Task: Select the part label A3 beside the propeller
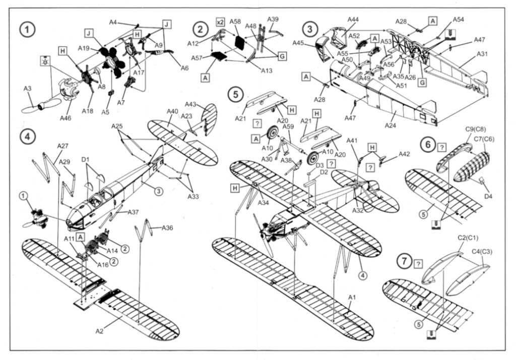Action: click(x=28, y=89)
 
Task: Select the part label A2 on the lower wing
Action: click(x=100, y=331)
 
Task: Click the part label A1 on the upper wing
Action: click(x=352, y=298)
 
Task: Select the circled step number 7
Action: click(x=403, y=261)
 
